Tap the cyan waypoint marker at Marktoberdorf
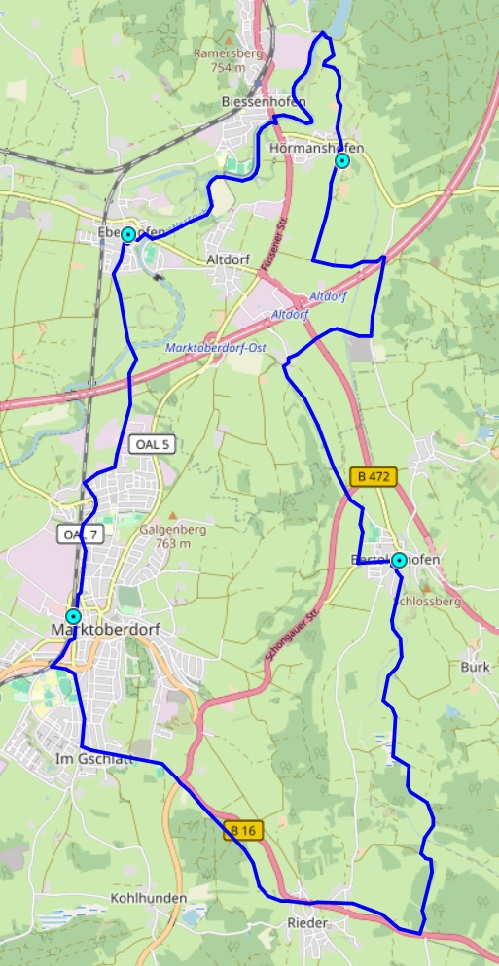tap(73, 617)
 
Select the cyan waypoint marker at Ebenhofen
tap(127, 234)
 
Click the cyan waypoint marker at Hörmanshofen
tap(341, 160)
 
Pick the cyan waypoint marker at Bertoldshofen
tap(398, 560)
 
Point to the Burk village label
tap(475, 668)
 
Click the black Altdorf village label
tap(230, 260)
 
